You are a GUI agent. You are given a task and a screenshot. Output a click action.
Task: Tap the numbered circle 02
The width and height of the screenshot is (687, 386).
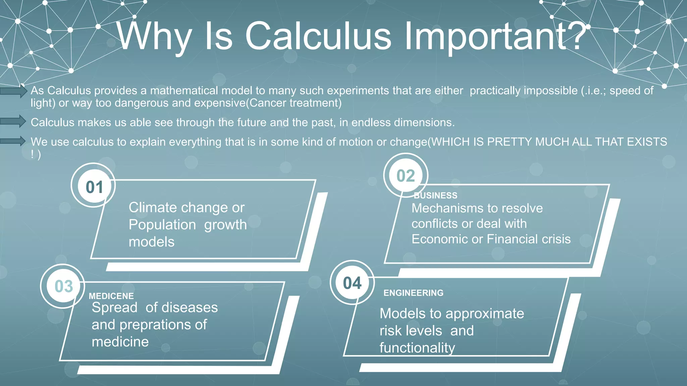[x=406, y=176]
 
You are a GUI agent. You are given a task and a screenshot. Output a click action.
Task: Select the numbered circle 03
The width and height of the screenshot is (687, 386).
[x=63, y=286]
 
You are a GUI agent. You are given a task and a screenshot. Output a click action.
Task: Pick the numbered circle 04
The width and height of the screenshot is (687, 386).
[x=352, y=283]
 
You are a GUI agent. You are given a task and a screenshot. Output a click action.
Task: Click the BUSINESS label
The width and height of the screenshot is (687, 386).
[x=435, y=195]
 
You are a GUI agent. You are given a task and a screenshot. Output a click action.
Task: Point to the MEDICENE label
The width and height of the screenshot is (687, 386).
[x=111, y=296]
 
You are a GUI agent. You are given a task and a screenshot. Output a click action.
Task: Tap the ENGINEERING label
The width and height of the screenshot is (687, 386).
[x=413, y=293]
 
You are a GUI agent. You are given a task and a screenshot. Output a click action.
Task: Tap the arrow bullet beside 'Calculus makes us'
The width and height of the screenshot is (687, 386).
[x=13, y=121]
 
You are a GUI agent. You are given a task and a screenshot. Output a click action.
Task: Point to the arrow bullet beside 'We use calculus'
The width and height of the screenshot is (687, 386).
[x=13, y=141]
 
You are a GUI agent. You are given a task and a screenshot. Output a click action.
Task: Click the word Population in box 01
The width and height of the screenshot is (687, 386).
[x=162, y=225]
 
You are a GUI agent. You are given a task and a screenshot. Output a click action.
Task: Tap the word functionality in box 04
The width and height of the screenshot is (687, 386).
[x=417, y=348]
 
